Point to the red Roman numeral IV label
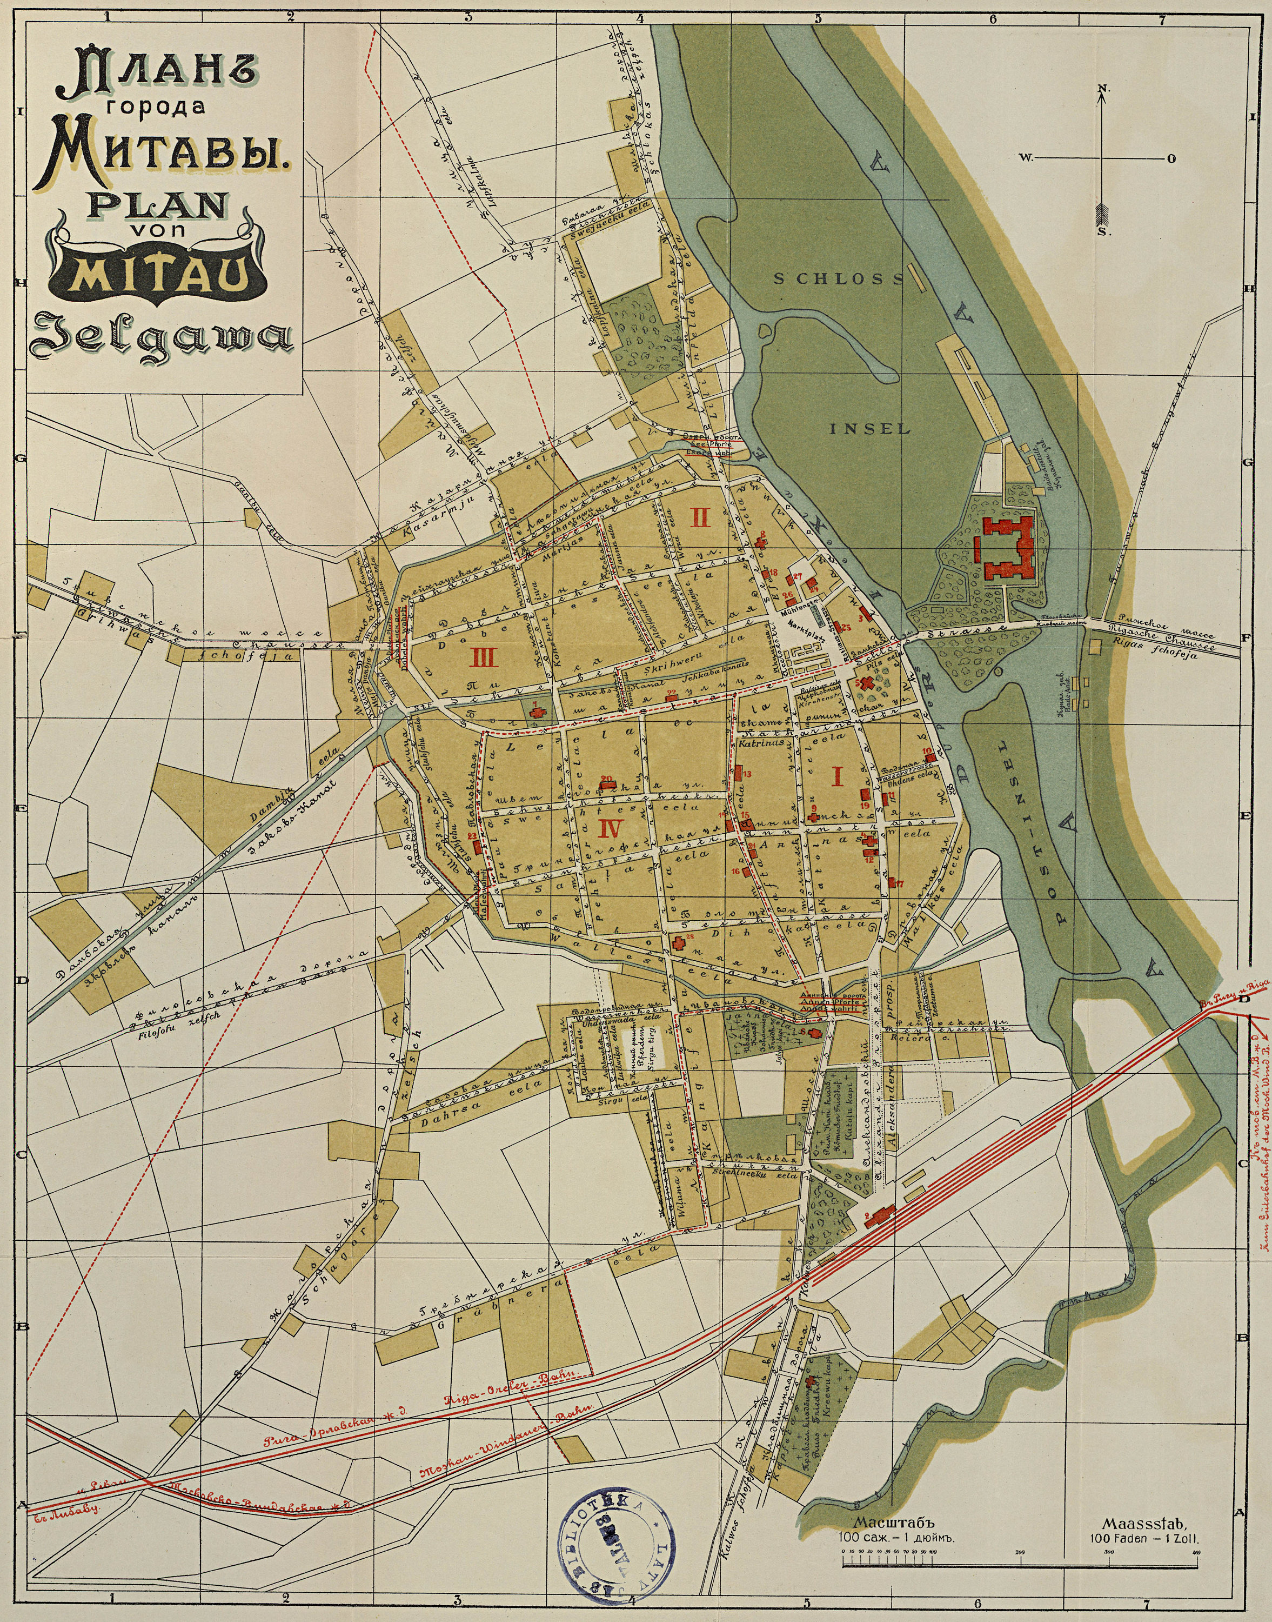click(x=608, y=827)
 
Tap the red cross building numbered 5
click(x=866, y=682)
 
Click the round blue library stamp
click(x=615, y=1550)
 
